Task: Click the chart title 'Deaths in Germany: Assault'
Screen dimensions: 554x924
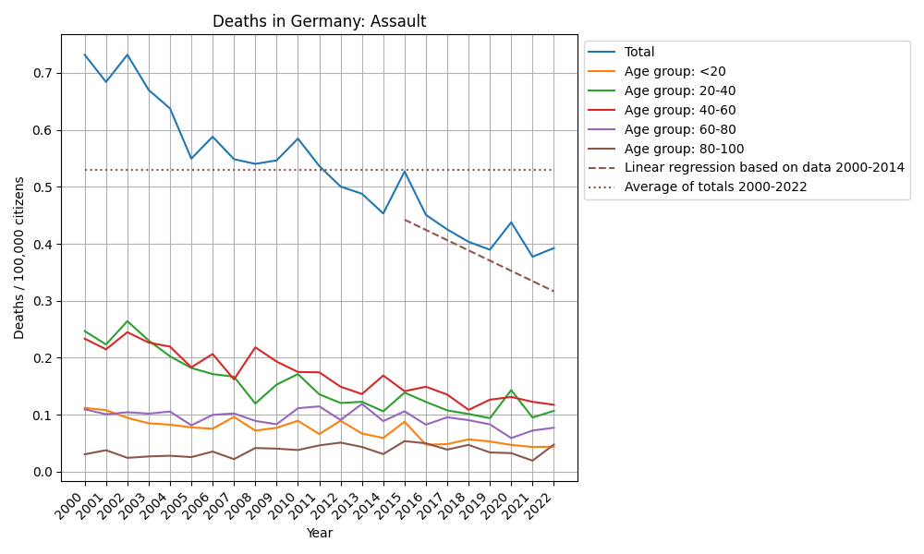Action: (x=319, y=21)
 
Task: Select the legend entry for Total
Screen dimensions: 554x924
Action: (x=639, y=53)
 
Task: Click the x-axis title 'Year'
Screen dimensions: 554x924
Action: (x=319, y=533)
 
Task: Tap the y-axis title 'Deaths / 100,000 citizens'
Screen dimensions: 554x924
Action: (x=19, y=258)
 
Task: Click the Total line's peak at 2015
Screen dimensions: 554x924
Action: (x=405, y=171)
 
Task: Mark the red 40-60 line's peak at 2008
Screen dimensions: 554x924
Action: (x=256, y=347)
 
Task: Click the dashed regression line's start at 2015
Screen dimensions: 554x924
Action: (x=405, y=220)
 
